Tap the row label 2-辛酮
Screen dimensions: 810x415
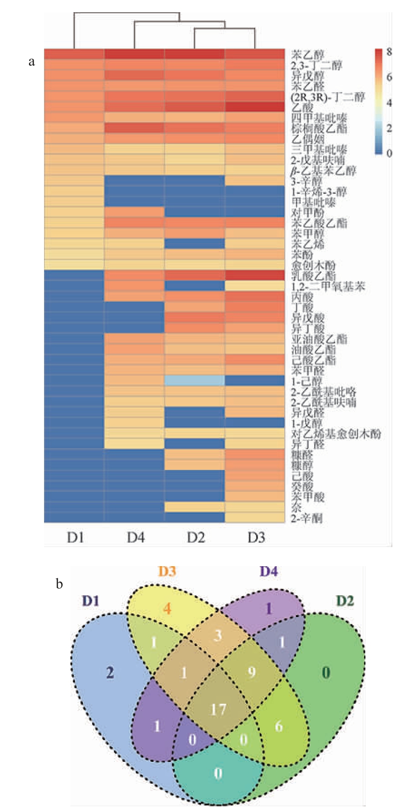point(307,518)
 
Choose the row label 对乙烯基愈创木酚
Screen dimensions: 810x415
point(336,434)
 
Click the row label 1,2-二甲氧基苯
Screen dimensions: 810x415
point(328,286)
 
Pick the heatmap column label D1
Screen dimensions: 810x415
point(75,538)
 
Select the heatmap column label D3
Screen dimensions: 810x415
point(256,538)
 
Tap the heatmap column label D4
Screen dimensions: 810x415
point(135,538)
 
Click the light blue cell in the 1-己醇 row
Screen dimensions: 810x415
point(195,381)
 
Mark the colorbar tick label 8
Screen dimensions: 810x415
point(389,52)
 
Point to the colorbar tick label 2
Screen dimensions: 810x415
point(389,128)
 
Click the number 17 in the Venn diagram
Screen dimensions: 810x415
point(218,709)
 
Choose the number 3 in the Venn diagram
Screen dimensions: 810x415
point(218,636)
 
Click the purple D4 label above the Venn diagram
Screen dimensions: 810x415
point(268,572)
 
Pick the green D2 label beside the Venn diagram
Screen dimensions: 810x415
point(345,601)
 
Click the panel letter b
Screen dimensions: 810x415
point(59,584)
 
